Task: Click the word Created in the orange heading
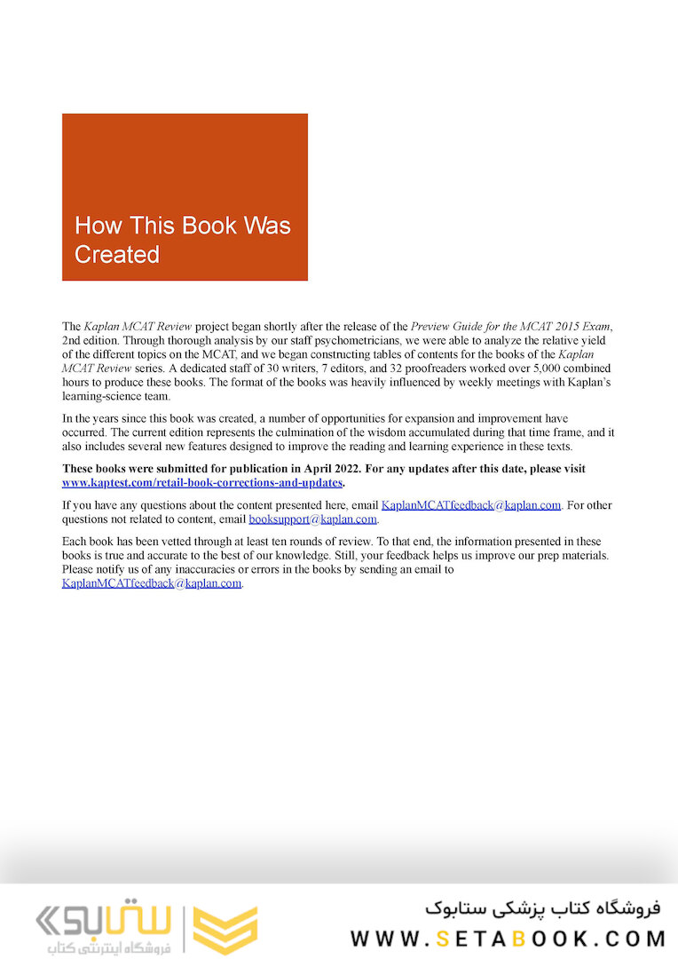(117, 254)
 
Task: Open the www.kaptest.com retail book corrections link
(202, 482)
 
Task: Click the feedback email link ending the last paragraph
(152, 583)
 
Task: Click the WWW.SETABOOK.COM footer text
(508, 939)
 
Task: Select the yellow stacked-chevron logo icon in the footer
(225, 930)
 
